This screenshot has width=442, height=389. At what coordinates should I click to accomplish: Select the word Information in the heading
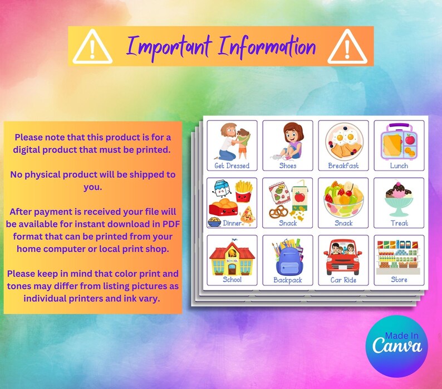pyautogui.click(x=266, y=47)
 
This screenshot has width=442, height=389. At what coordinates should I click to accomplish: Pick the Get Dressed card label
pyautogui.click(x=232, y=166)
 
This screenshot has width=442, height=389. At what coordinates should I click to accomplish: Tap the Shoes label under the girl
pyautogui.click(x=288, y=166)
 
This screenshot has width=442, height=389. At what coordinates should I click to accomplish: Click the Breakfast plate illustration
pyautogui.click(x=343, y=142)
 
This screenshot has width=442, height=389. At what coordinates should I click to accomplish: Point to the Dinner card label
pyautogui.click(x=232, y=223)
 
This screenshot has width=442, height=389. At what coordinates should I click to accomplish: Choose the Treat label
pyautogui.click(x=399, y=223)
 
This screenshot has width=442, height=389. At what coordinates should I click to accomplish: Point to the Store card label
pyautogui.click(x=399, y=280)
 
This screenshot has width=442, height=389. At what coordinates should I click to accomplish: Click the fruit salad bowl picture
pyautogui.click(x=343, y=200)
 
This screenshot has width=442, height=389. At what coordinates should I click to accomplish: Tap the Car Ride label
pyautogui.click(x=343, y=280)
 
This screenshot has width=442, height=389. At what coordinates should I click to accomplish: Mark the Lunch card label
pyautogui.click(x=399, y=166)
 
